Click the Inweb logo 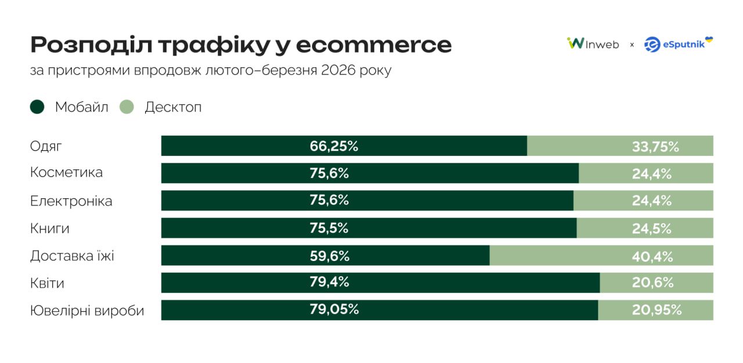tap(593, 44)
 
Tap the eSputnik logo tap(679, 44)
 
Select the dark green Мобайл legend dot tap(37, 107)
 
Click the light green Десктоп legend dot tap(127, 107)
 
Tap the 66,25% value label tap(334, 146)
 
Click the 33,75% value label tap(655, 147)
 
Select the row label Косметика tap(66, 172)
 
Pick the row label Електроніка tap(71, 201)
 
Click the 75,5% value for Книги tap(329, 228)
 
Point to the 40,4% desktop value tap(652, 256)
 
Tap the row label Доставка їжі tap(72, 256)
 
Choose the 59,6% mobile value tap(329, 256)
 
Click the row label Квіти tap(47, 284)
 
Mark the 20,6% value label tap(652, 283)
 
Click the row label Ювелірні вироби tap(86, 311)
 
